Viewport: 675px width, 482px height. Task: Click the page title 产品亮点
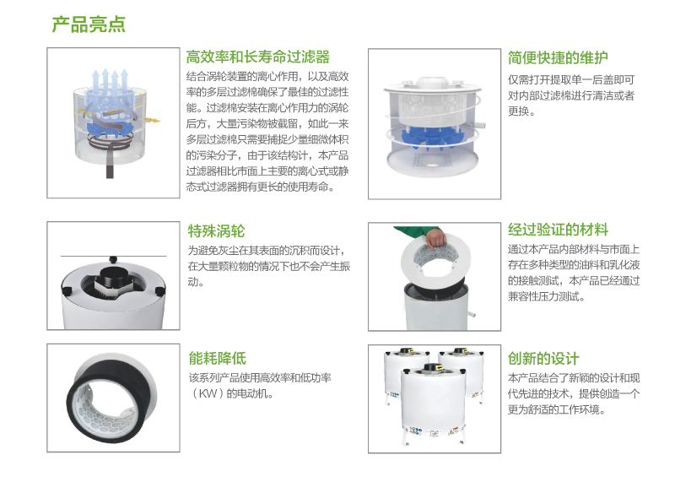(x=89, y=24)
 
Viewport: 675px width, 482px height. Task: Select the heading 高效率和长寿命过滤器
(x=258, y=57)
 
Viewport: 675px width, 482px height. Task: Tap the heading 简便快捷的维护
(x=558, y=57)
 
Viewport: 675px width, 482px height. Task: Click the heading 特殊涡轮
(x=216, y=231)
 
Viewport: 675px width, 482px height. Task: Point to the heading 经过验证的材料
(x=558, y=230)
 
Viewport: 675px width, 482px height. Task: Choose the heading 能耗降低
(x=218, y=359)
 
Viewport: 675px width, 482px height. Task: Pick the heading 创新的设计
(x=543, y=359)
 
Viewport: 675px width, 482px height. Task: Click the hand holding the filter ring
(x=435, y=237)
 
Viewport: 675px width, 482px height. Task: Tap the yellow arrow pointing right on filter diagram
(x=151, y=120)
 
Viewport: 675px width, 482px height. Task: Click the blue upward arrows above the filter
(x=111, y=80)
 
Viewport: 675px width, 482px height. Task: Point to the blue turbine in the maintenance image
(x=432, y=136)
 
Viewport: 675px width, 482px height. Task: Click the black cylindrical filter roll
(x=111, y=399)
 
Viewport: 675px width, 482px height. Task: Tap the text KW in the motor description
(x=208, y=393)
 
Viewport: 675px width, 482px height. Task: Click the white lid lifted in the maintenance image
(x=432, y=86)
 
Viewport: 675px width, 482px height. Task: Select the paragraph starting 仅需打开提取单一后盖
(x=571, y=95)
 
